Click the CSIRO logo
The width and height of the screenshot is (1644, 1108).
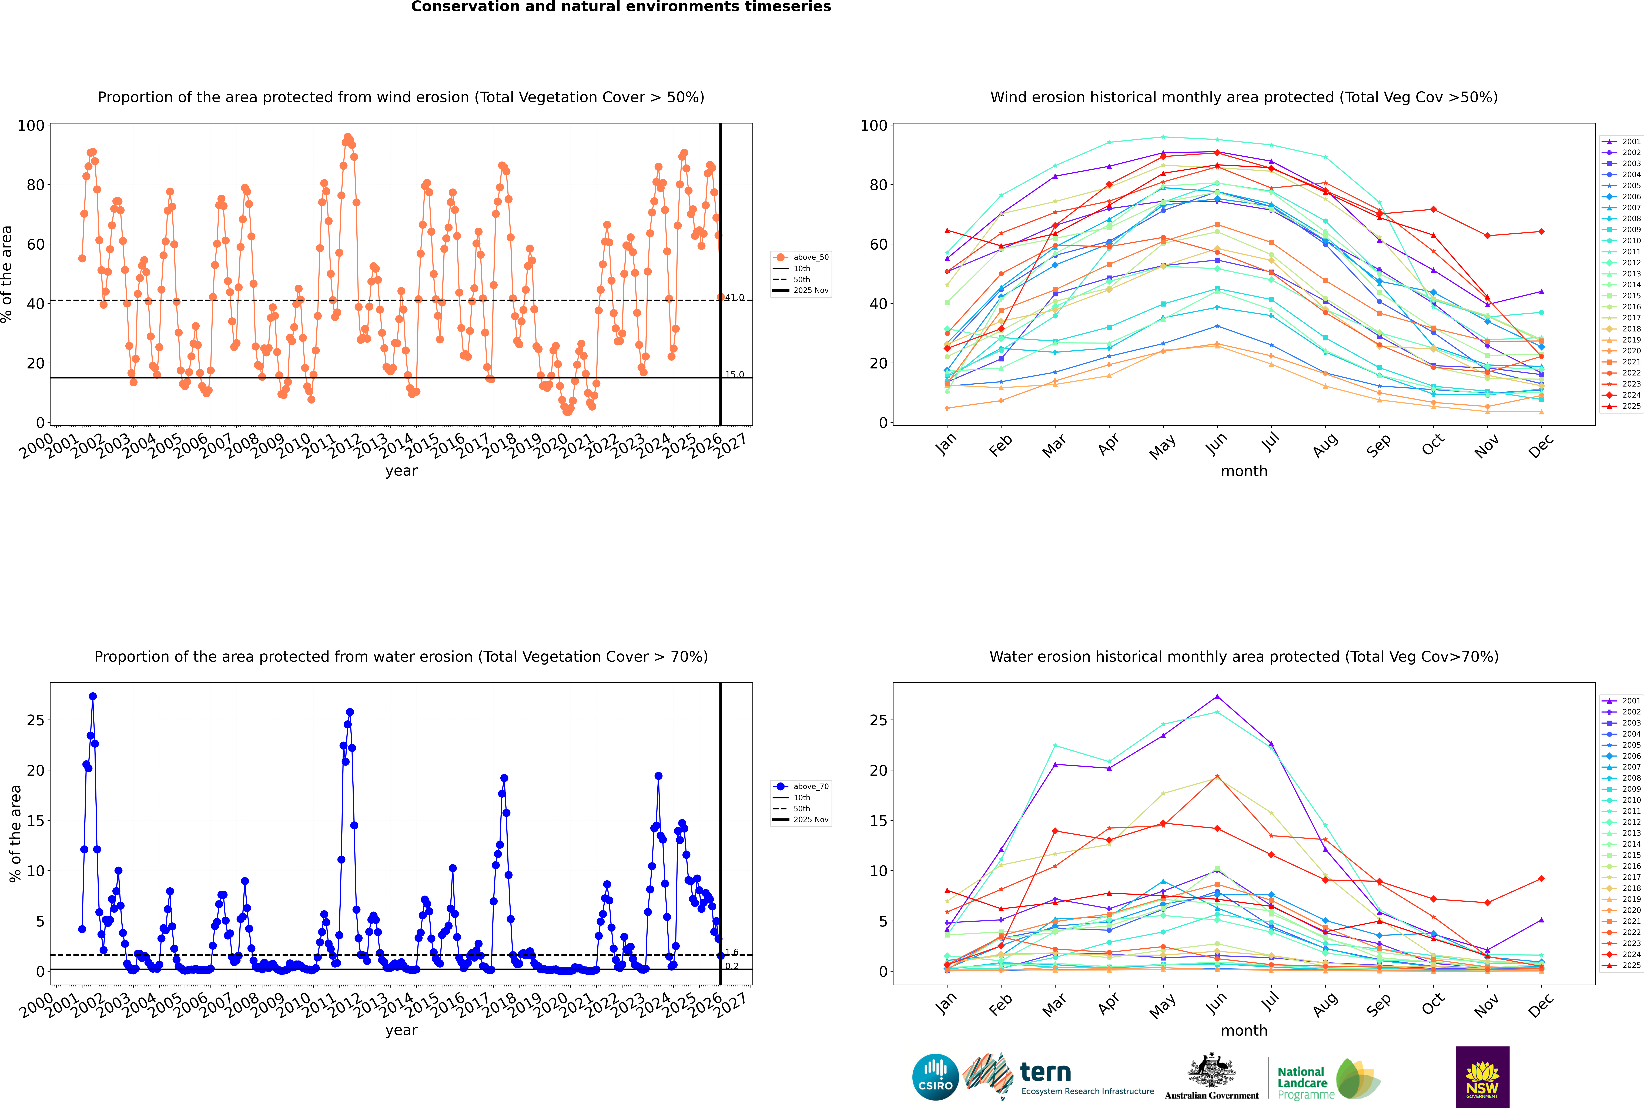coord(935,1077)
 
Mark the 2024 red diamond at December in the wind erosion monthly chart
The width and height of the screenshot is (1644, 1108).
coord(1542,232)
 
